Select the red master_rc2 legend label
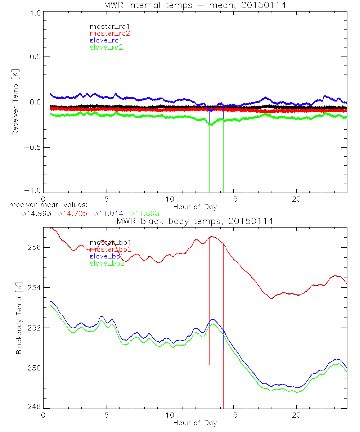(109, 33)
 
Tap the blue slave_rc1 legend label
(106, 40)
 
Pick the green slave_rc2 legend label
(106, 47)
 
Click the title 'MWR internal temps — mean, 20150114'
(195, 5)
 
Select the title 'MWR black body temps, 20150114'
(195, 221)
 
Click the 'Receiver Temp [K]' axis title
(15, 102)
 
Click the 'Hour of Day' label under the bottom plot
(195, 423)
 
